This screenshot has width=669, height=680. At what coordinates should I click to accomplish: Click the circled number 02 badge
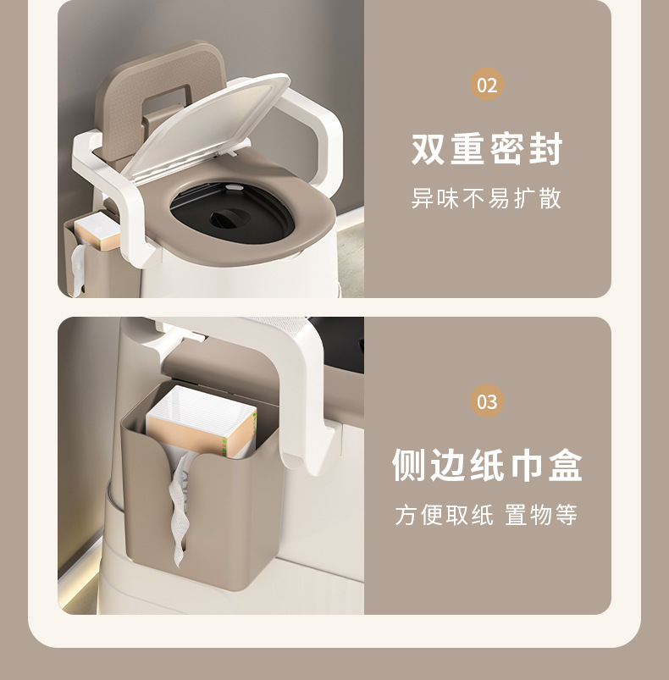486,85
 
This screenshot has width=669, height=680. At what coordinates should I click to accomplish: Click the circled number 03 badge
486,401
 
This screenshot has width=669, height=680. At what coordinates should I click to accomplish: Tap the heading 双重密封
487,149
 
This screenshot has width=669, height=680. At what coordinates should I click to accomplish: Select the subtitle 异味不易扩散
486,199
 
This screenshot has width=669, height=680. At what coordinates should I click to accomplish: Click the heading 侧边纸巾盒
487,465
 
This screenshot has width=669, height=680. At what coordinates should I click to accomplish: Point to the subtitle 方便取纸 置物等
486,515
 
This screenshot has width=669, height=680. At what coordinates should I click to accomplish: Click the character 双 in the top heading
428,149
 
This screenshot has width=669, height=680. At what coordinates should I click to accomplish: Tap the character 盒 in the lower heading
566,465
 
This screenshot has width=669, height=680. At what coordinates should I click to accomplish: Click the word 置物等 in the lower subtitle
541,515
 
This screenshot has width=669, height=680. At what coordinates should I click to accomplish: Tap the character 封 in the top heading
546,149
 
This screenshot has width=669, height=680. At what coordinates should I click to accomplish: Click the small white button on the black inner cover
235,187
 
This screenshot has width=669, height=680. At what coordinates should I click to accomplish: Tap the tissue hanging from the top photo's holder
78,269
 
